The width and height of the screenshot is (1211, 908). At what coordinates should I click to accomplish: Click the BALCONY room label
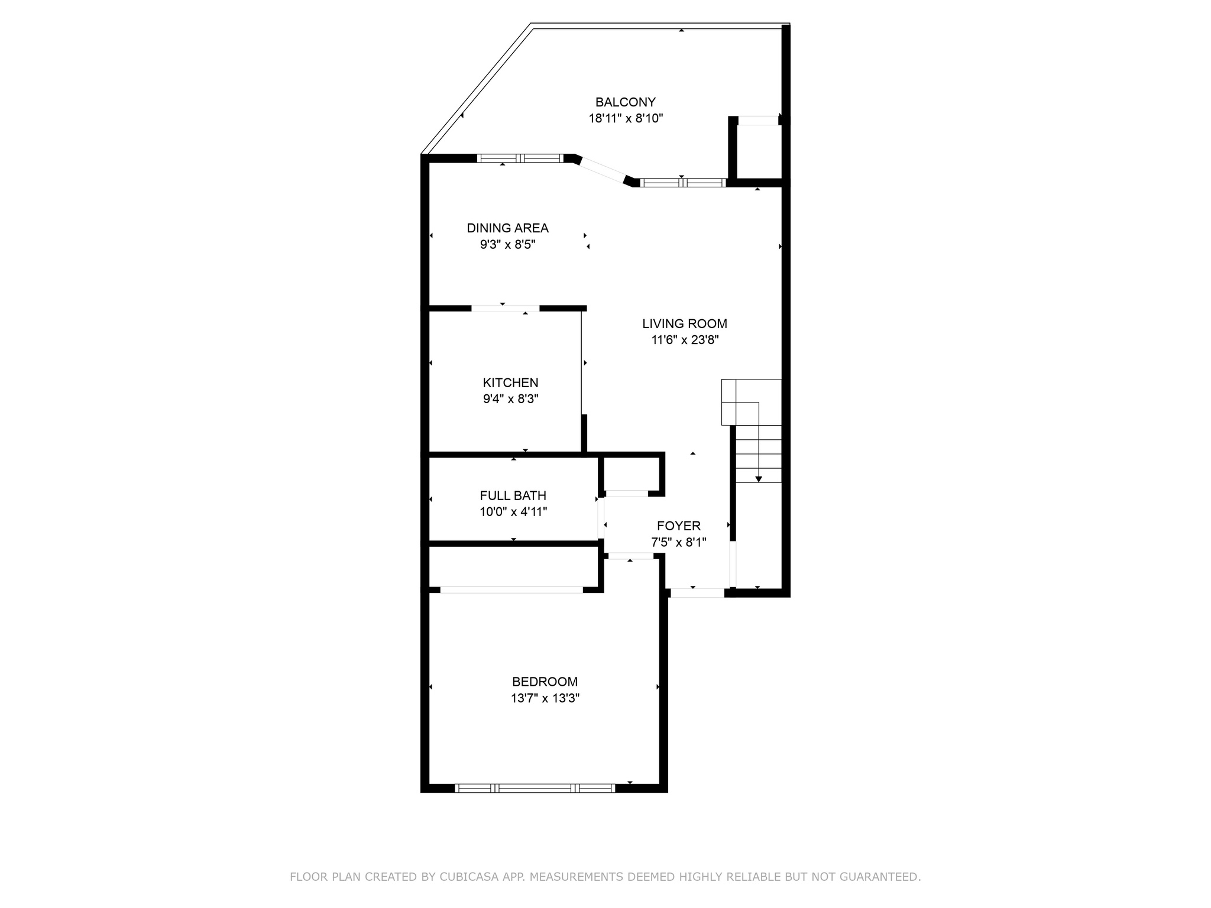click(625, 102)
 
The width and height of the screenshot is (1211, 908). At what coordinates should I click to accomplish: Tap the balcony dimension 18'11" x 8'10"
click(626, 118)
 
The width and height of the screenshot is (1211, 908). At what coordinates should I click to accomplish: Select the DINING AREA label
click(507, 228)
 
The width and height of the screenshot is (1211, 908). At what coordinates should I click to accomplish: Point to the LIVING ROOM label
click(685, 324)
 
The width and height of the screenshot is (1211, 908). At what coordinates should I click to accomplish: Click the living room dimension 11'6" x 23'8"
click(685, 340)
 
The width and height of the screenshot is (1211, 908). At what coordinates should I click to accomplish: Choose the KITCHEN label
click(510, 383)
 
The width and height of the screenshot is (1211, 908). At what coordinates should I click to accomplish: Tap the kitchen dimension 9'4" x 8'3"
click(510, 399)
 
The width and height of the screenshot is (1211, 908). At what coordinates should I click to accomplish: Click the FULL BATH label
click(513, 496)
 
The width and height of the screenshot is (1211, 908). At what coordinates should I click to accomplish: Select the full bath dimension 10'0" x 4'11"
click(513, 512)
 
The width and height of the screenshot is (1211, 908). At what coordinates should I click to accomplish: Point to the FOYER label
click(678, 526)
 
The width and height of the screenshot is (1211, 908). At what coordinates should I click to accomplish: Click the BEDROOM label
click(545, 682)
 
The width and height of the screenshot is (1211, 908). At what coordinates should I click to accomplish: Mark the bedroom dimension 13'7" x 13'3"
click(545, 698)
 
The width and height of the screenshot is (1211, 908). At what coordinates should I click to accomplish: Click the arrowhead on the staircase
click(759, 479)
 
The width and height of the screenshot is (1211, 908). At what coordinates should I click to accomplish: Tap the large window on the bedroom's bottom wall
click(535, 788)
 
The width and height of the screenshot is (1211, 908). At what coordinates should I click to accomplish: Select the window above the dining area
click(520, 158)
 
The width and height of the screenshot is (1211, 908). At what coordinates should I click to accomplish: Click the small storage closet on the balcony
click(759, 151)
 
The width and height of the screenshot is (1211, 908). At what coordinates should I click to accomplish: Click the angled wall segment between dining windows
click(603, 170)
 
